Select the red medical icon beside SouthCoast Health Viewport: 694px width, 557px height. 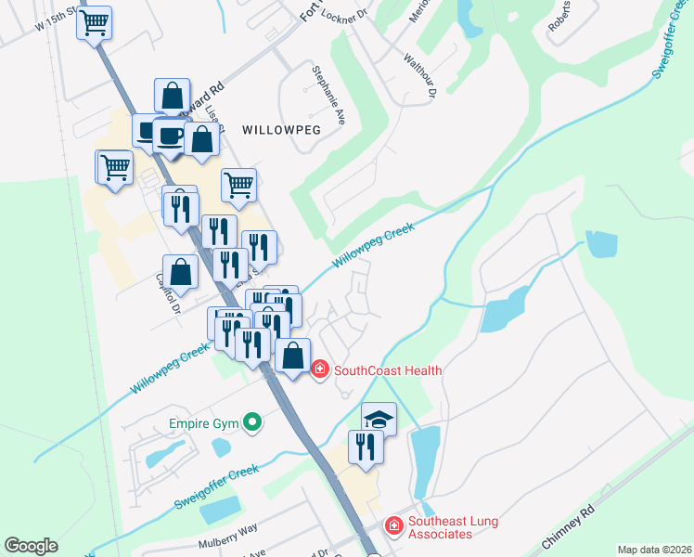pyautogui.click(x=320, y=369)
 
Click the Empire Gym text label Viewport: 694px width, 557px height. pyautogui.click(x=203, y=424)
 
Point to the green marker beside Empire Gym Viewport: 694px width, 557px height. pyautogui.click(x=251, y=424)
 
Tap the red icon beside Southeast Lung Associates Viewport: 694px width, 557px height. pyautogui.click(x=393, y=526)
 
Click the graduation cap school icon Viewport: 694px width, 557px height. pyautogui.click(x=379, y=418)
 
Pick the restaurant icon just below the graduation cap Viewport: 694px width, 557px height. pyautogui.click(x=366, y=447)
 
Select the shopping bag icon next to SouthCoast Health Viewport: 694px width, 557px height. pyautogui.click(x=293, y=356)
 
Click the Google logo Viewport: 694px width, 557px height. pyautogui.click(x=31, y=546)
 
